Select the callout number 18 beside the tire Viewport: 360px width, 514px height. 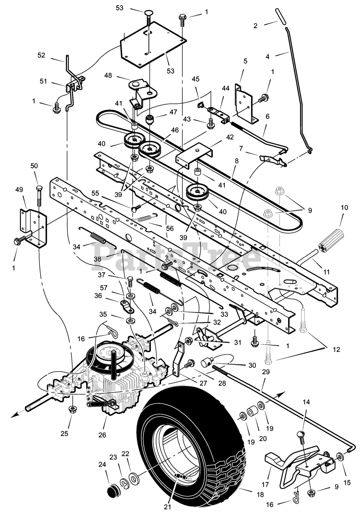[260, 494]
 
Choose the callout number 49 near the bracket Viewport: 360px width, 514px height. [20, 190]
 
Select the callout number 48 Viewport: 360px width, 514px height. [108, 75]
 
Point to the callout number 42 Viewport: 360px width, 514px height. [230, 137]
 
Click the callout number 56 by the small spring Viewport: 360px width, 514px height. [170, 228]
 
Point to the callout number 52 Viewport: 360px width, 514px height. [42, 55]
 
